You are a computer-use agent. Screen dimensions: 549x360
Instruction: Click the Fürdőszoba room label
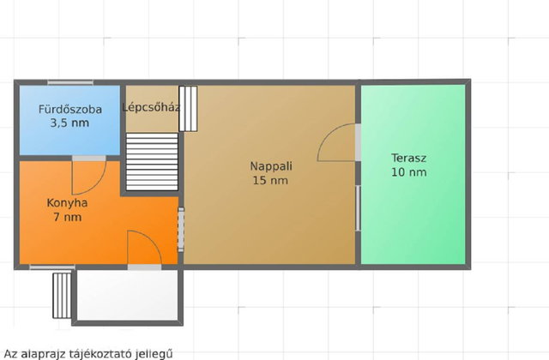70,109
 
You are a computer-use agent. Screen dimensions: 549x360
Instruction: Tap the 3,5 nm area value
69,123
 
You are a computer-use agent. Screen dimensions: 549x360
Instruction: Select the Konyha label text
67,203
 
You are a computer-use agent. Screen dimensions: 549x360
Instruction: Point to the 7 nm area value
68,217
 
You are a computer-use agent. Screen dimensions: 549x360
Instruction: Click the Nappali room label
271,166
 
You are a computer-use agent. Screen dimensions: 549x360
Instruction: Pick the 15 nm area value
271,181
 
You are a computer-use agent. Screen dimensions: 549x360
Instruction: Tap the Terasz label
409,158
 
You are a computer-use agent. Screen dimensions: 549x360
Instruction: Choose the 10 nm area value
409,172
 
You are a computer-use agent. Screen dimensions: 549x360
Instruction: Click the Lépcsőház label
151,107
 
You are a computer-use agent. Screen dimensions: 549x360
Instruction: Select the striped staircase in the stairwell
152,162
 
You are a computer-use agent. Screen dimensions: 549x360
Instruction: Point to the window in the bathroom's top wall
70,82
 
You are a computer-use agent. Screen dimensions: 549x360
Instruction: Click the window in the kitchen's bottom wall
52,267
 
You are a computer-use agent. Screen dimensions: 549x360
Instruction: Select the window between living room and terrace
358,208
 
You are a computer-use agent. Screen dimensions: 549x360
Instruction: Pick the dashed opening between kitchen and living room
181,230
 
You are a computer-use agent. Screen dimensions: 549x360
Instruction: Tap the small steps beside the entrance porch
62,296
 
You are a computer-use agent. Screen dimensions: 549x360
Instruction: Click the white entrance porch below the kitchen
128,295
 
